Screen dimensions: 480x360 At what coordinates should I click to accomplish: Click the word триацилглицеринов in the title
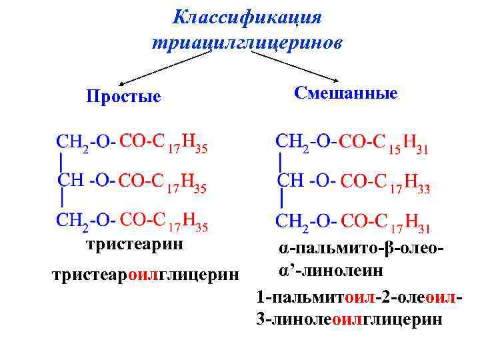(247, 43)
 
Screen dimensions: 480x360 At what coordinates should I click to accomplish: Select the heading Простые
(123, 97)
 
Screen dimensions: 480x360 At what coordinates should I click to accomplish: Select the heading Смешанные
(345, 93)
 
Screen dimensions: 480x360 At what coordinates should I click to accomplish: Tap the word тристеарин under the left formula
(134, 244)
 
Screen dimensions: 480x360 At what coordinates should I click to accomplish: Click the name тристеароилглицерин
(139, 275)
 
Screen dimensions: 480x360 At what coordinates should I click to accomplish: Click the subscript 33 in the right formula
(423, 189)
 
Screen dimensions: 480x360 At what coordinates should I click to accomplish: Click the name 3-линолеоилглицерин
(348, 319)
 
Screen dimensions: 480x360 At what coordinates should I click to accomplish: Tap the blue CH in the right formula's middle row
(289, 181)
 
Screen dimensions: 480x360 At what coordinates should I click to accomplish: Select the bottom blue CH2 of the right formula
(293, 221)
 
